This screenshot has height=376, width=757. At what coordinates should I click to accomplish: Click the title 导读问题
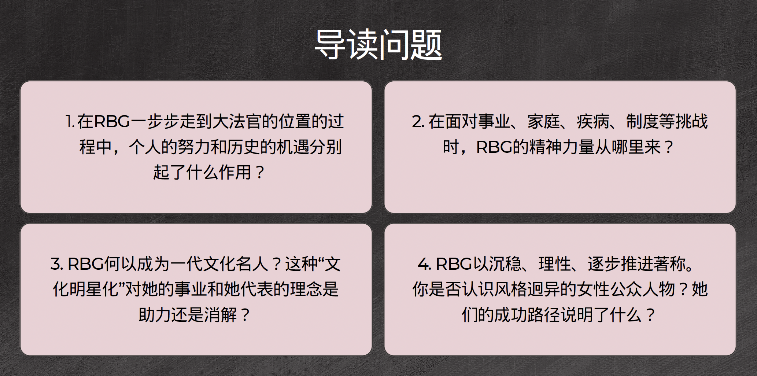coord(378,45)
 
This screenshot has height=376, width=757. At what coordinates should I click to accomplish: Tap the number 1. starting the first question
coord(70,122)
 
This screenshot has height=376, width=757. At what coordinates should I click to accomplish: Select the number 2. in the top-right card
coord(418,122)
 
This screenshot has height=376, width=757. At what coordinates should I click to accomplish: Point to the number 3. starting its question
coord(57,264)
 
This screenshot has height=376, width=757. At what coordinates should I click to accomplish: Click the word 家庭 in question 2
coord(544,122)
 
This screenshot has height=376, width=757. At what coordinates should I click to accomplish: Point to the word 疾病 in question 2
coord(593,122)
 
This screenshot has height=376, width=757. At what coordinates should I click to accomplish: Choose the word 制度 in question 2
coord(643,122)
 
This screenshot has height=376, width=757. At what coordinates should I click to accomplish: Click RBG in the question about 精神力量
coord(494,147)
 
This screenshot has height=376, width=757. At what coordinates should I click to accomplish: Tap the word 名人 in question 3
coord(252,264)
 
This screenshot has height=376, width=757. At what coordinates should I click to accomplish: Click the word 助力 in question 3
coord(155,315)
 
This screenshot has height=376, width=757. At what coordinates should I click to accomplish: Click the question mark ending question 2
coord(669,147)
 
